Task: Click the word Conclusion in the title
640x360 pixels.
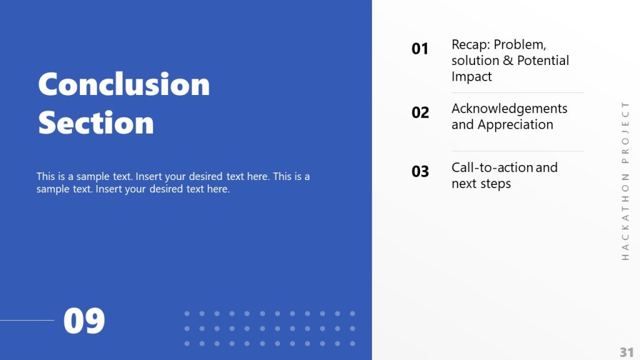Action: pos(124,84)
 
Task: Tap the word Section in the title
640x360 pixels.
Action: pos(96,122)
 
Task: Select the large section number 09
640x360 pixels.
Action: pos(84,321)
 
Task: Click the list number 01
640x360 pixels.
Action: pos(420,49)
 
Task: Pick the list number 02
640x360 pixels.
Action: pos(420,112)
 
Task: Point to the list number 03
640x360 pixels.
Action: pos(420,171)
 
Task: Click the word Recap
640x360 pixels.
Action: pos(470,45)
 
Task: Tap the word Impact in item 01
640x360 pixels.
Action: pos(471,77)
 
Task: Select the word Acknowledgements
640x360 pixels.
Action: pos(509,109)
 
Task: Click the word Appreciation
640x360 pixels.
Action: pos(515,125)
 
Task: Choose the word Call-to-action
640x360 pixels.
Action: pos(492,167)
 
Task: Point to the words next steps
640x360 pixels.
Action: pos(481,184)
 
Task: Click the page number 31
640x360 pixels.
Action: pos(626,351)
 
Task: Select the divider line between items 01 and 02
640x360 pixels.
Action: pos(517,93)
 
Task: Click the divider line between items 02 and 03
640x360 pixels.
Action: pos(517,151)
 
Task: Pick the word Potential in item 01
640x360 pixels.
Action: pos(542,61)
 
